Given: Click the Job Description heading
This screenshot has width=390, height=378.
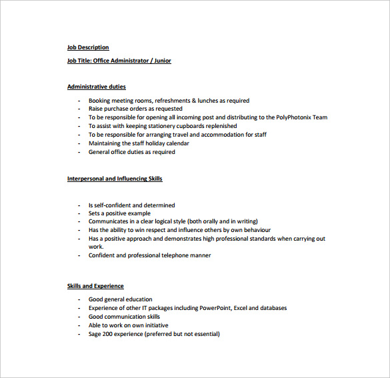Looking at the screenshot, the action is pyautogui.click(x=88, y=47).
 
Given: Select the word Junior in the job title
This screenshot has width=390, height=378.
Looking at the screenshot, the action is pyautogui.click(x=162, y=61).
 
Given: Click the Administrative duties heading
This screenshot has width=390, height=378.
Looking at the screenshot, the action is pyautogui.click(x=97, y=87).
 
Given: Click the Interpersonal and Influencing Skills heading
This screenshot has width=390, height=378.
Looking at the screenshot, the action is pyautogui.click(x=115, y=179).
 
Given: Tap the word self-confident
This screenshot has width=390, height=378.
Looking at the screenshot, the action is pyautogui.click(x=113, y=205).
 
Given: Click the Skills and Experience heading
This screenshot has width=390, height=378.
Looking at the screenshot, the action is pyautogui.click(x=95, y=286).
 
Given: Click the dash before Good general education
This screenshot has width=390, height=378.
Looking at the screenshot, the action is pyautogui.click(x=79, y=299).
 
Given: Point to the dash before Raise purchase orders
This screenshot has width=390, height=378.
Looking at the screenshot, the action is pyautogui.click(x=79, y=109).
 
